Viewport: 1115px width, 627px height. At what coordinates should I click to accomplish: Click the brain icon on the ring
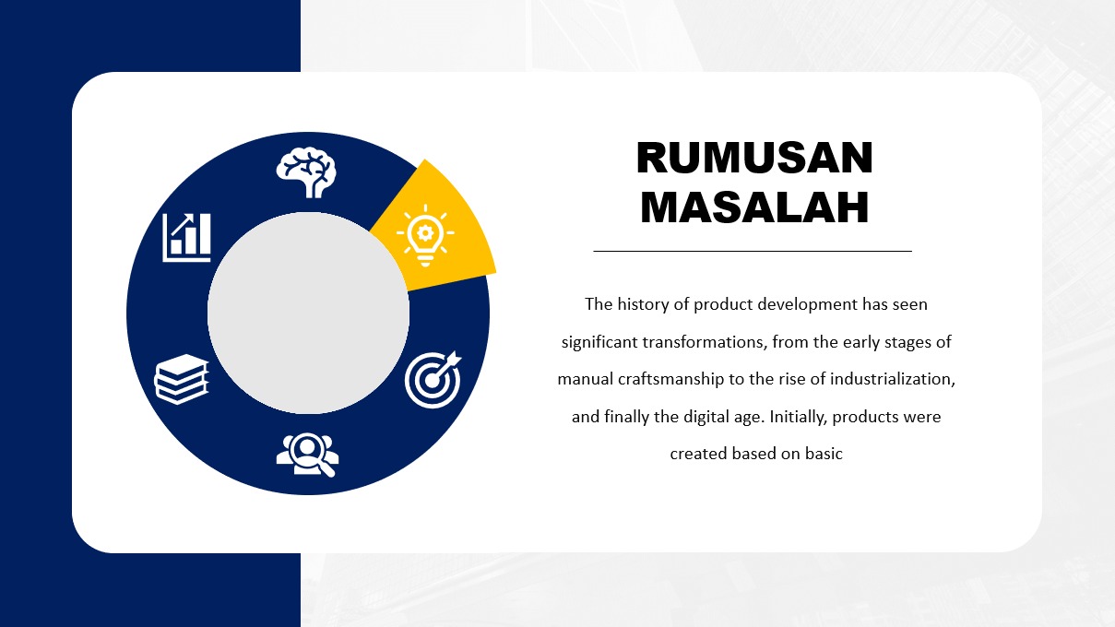(306, 172)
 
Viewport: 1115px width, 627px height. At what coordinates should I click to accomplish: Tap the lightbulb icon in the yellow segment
(425, 235)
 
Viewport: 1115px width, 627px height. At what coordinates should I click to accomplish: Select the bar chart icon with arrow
(186, 238)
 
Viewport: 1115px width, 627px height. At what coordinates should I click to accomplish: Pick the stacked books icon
(181, 379)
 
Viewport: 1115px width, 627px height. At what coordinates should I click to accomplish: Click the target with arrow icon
(433, 380)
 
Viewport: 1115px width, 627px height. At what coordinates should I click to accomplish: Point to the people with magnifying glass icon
(308, 455)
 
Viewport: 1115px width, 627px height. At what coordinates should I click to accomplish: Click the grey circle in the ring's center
(308, 313)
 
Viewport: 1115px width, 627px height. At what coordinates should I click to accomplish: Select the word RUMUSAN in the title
(754, 158)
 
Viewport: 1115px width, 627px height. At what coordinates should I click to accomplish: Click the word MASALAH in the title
(754, 207)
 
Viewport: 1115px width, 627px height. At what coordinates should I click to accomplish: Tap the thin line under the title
(753, 252)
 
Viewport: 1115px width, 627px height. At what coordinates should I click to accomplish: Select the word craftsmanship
(671, 379)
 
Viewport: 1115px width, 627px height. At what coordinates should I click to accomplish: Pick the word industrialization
(893, 379)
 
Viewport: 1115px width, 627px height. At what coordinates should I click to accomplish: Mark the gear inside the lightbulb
(424, 232)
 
